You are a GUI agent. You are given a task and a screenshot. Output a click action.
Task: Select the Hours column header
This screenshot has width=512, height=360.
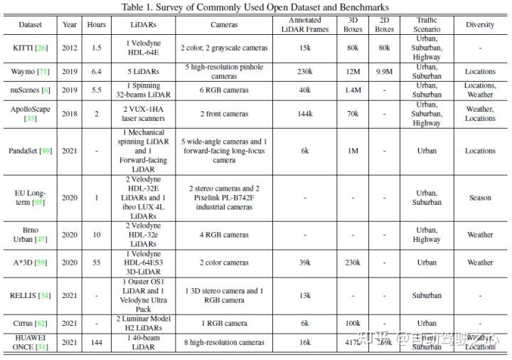click(x=97, y=24)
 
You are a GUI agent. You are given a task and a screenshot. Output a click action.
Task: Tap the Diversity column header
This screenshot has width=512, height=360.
click(x=480, y=24)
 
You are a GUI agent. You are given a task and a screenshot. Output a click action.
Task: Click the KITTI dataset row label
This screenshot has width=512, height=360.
click(x=30, y=48)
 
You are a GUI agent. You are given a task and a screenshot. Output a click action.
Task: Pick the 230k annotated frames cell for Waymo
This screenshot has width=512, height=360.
click(x=305, y=71)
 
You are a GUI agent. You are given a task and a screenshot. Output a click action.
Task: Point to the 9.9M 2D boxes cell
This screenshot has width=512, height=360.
click(x=385, y=71)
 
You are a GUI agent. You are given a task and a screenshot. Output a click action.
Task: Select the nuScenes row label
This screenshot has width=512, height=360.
click(x=30, y=90)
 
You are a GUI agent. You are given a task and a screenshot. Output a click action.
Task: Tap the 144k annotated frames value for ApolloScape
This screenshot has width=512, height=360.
click(x=305, y=114)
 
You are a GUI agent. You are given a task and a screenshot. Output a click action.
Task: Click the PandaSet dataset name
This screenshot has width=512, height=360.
click(x=30, y=151)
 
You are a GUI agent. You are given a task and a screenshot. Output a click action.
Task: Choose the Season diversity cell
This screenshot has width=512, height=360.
click(x=480, y=198)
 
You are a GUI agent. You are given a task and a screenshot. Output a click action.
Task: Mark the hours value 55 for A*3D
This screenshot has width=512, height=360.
click(x=97, y=263)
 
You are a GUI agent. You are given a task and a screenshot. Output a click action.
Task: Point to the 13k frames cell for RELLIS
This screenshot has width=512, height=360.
click(x=305, y=295)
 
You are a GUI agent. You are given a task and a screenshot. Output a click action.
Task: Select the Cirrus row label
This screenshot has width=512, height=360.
click(x=30, y=323)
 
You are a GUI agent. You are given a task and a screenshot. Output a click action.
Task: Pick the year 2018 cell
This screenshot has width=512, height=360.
click(x=69, y=114)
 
